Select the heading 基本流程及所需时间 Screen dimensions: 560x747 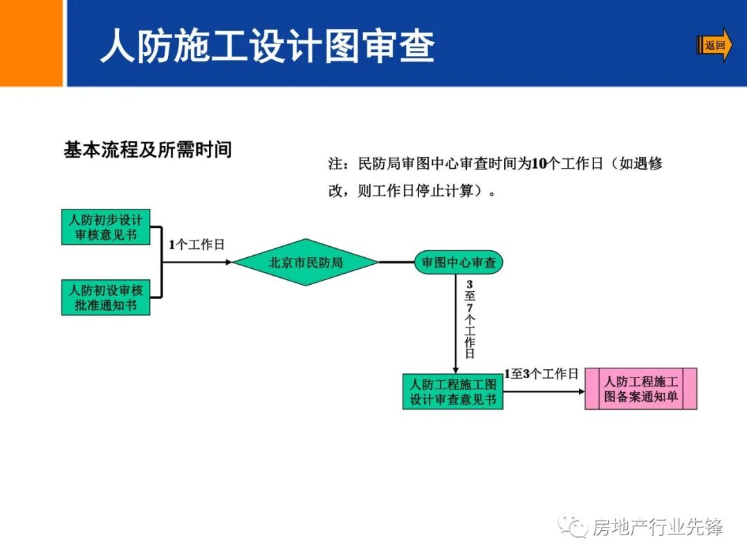click(x=147, y=149)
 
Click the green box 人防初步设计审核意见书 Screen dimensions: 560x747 click(x=106, y=227)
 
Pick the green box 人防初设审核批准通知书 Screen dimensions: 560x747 click(x=106, y=297)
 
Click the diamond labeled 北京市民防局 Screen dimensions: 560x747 click(x=306, y=263)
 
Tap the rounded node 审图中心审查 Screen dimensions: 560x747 click(x=459, y=263)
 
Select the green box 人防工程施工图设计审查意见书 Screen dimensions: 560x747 click(x=453, y=391)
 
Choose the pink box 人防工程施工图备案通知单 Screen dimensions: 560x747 click(x=640, y=389)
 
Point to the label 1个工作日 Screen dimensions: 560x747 click(x=196, y=245)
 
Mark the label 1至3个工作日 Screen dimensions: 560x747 click(x=541, y=374)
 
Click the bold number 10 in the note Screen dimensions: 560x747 click(x=539, y=164)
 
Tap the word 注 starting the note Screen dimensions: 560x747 click(x=335, y=164)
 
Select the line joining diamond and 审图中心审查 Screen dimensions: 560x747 click(x=396, y=263)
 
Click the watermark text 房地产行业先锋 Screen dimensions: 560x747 click(x=657, y=528)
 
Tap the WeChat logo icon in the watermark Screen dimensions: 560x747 click(x=573, y=527)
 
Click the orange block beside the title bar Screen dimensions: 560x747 click(x=31, y=43)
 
